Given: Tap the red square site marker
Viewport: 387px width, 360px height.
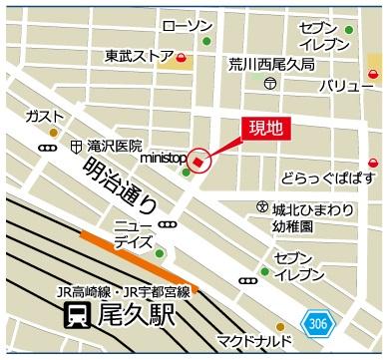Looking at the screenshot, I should pos(198,159).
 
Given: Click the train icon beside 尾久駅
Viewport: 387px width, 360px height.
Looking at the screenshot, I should pos(74,318).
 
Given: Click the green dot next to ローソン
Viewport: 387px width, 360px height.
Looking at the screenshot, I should pos(207,42).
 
